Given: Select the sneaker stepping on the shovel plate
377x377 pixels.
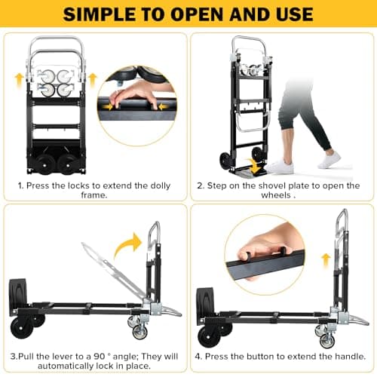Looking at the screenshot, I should pos(281,165).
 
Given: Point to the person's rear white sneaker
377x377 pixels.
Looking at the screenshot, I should pos(329,160).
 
